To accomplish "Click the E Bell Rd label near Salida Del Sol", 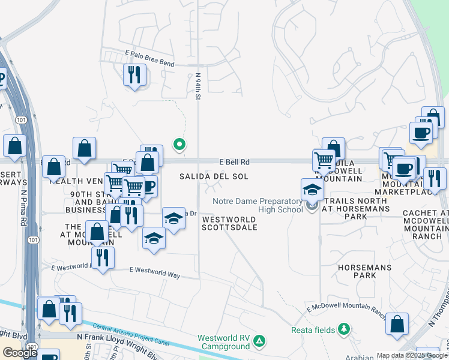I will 234,162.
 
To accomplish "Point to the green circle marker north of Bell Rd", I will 178,144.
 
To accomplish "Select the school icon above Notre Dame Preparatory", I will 312,190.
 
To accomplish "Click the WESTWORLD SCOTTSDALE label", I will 229,223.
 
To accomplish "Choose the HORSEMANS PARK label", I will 364,271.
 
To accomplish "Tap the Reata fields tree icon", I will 343,329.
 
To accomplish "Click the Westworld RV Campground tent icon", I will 259,341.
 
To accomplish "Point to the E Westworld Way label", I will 155,272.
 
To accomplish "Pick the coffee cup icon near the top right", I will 421,133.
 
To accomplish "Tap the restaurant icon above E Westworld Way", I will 103,257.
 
